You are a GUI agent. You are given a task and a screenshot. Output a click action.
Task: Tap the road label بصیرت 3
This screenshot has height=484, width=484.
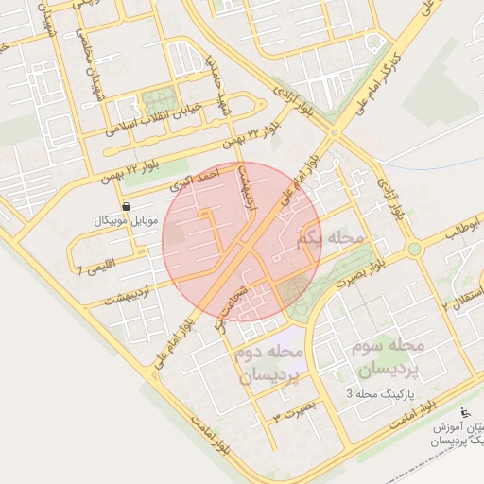coord(291,411)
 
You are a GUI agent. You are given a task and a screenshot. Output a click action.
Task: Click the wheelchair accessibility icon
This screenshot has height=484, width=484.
coord(463,411)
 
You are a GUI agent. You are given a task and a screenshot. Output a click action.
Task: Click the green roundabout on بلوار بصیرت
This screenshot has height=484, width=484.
coord(413,250)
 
